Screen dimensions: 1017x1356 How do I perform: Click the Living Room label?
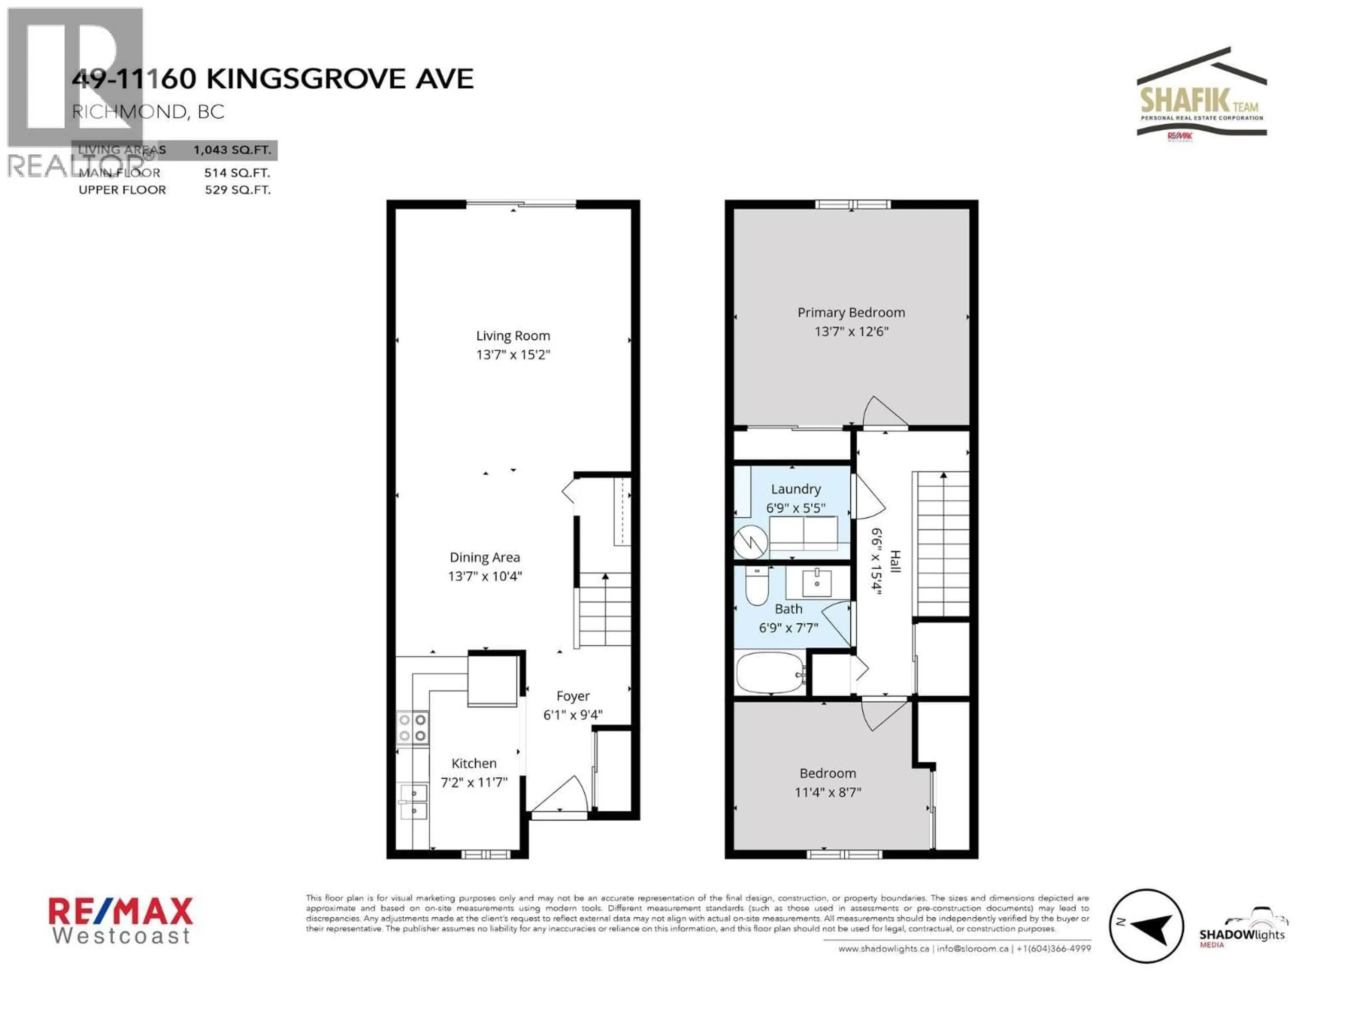513,336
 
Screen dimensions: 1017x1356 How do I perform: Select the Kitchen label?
474,763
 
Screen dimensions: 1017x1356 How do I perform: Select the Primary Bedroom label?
851,313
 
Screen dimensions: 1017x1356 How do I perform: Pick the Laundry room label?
795,489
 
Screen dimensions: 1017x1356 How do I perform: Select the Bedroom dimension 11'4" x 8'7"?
828,792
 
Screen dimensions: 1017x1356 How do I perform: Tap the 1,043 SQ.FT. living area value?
232,150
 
